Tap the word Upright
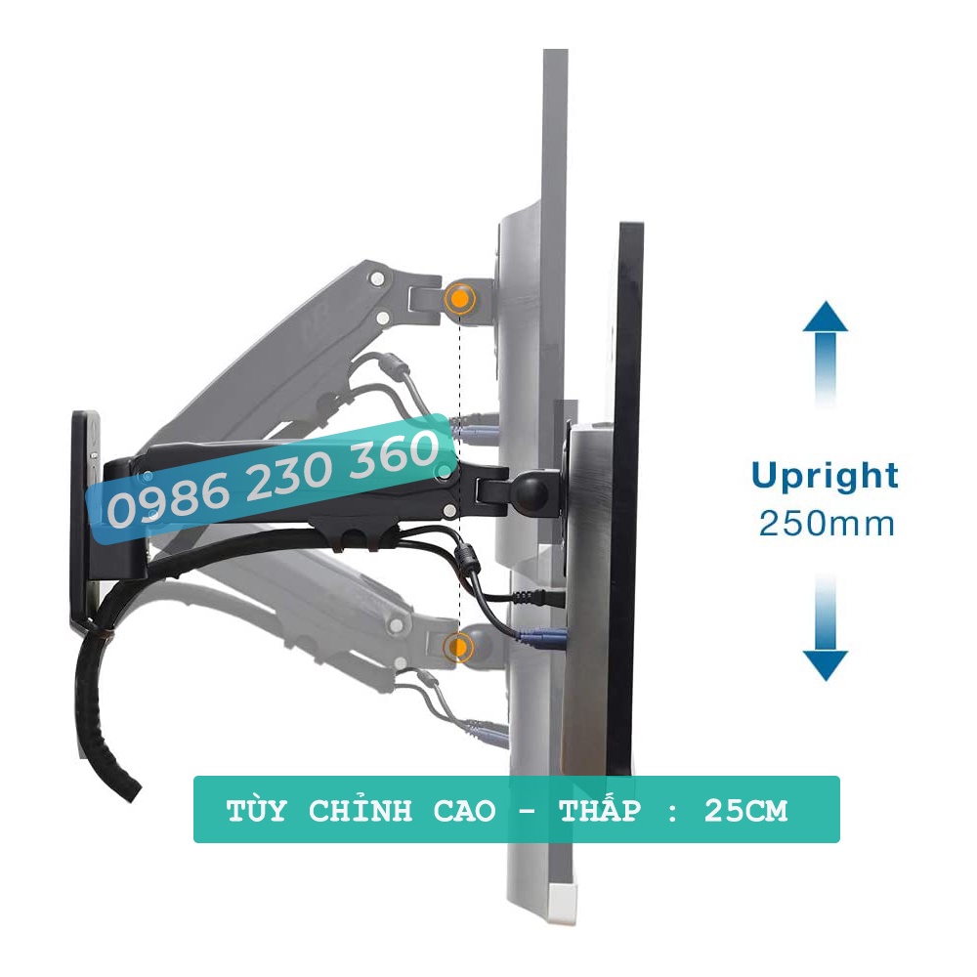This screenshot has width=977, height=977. (x=825, y=477)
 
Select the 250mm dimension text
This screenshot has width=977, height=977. (x=827, y=524)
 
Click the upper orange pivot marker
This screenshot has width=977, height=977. (x=458, y=299)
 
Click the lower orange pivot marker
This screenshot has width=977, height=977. (x=456, y=646)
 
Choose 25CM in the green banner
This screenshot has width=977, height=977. (x=745, y=811)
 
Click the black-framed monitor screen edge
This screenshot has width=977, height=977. (x=625, y=488)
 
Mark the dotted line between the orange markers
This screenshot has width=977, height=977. (x=459, y=391)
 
